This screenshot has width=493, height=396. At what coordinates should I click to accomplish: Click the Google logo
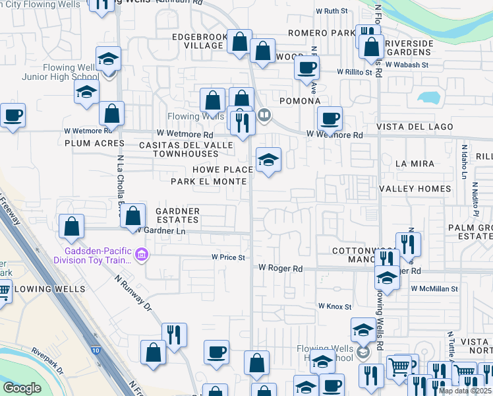pos(22,388)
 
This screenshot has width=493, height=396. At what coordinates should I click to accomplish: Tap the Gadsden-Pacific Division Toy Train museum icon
pos(141,254)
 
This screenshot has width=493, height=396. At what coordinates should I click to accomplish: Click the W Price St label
pos(228,257)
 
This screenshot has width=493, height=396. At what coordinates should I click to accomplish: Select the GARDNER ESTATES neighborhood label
pos(177,215)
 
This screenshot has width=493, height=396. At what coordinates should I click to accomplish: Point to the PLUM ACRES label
pos(85,143)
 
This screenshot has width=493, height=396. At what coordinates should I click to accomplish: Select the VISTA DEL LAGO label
pos(415,127)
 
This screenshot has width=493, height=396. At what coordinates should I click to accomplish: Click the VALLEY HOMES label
pos(415,189)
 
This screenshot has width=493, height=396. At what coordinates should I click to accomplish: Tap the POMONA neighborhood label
pos(300,101)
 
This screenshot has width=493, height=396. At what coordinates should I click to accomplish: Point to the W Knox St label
pos(335,306)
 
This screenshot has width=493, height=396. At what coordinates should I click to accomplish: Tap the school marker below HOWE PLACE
pos(268,160)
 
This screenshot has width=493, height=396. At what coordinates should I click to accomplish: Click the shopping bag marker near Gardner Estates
pos(133,215)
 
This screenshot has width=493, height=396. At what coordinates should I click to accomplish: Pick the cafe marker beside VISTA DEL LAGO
pos(330,119)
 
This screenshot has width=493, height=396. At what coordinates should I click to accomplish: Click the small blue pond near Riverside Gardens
pos(428,97)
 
